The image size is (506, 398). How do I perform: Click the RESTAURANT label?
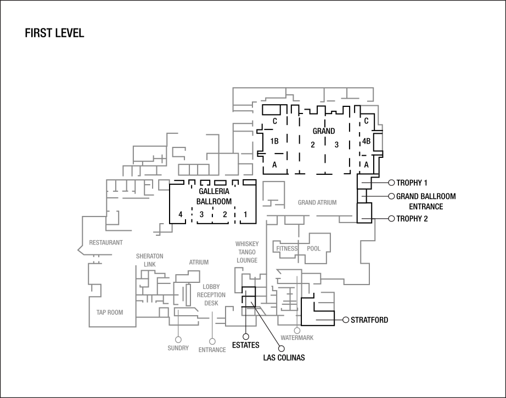(106, 242)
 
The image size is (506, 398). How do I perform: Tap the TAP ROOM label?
(109, 312)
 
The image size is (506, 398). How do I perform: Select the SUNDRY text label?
(178, 348)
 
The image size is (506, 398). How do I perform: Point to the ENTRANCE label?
(212, 350)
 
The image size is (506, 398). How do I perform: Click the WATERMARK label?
(297, 338)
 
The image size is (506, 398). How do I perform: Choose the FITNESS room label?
(287, 249)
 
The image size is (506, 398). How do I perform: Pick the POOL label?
(314, 249)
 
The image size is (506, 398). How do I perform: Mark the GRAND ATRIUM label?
(317, 203)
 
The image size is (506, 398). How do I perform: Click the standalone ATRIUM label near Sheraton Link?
(199, 263)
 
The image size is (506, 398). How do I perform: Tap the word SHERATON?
(149, 257)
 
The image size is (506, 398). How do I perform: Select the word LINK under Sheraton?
(150, 264)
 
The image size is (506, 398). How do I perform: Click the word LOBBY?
(211, 287)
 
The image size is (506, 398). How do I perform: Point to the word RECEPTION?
(211, 295)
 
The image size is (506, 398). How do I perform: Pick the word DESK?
(211, 303)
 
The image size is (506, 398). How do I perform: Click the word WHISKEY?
(247, 244)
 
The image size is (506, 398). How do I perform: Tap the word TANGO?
(247, 252)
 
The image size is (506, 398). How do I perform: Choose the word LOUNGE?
(247, 260)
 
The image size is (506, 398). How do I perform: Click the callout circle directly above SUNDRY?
(178, 340)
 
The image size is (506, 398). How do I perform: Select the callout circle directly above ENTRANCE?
(212, 342)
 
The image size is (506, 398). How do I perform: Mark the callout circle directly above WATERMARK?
(297, 331)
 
